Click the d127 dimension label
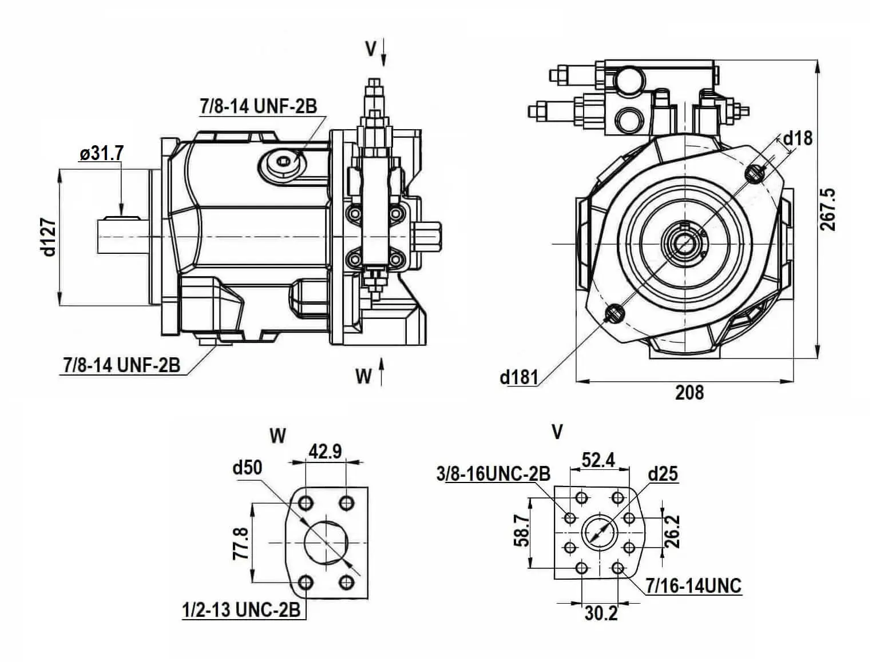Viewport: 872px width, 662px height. [50, 236]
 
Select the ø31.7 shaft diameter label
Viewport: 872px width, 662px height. [102, 153]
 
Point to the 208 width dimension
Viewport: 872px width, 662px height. [689, 393]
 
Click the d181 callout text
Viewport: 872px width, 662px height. [519, 377]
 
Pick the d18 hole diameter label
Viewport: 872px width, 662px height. [798, 138]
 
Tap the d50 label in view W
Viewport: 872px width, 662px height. [247, 468]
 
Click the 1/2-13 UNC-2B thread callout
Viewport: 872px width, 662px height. [241, 610]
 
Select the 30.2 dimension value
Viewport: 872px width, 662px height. [601, 613]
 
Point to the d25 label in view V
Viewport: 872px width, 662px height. [663, 474]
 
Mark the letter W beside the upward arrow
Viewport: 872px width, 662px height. [363, 376]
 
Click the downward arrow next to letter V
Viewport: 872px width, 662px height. [383, 53]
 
